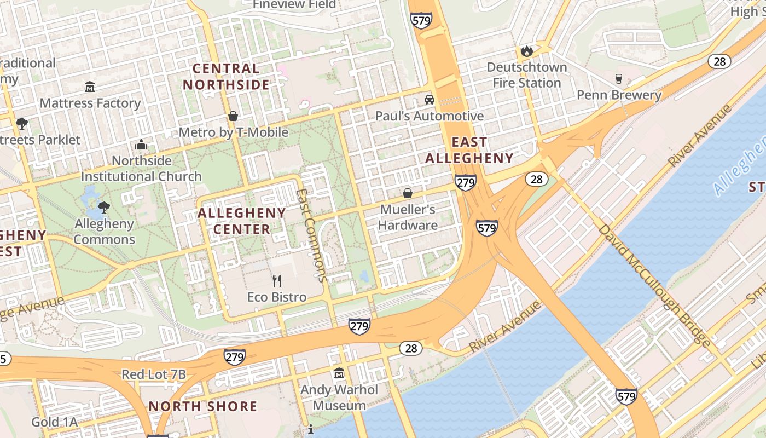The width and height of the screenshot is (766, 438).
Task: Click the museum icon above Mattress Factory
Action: point(90,87)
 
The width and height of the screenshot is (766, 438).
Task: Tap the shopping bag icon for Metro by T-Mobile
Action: point(233,116)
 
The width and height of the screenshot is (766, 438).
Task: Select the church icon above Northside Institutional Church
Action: point(141,145)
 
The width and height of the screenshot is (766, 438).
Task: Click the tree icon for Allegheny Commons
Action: point(103,207)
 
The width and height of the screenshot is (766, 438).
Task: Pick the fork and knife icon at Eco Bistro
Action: point(277,281)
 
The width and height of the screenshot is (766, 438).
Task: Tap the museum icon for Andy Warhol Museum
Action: point(339,373)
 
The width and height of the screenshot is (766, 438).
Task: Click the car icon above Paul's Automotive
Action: point(430,100)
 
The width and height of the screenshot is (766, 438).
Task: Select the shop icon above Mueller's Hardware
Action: point(408,193)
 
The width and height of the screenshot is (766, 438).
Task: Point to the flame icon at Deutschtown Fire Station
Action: point(526,51)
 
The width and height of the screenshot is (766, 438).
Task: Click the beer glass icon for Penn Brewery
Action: point(619,79)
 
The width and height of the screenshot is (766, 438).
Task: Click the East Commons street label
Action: point(311,235)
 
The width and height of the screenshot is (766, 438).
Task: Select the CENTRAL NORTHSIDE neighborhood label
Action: point(227,77)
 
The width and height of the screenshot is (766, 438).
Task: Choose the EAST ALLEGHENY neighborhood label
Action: point(469,150)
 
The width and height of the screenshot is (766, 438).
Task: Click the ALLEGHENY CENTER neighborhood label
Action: point(242,221)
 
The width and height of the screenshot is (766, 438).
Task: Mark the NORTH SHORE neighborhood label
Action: point(203,406)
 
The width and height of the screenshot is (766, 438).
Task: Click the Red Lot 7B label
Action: point(154,374)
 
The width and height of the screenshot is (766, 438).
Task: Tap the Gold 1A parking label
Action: point(54,422)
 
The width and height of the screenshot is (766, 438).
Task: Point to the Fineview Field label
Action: point(294,4)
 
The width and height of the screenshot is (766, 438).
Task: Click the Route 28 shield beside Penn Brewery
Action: point(719,61)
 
